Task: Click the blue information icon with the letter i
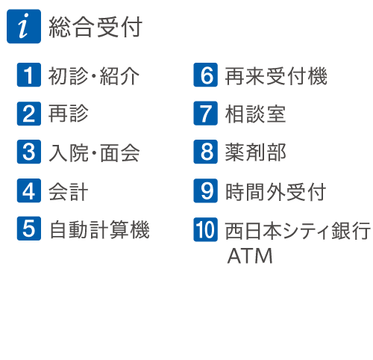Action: click(x=24, y=26)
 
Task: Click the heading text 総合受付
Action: click(x=95, y=27)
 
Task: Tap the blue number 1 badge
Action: click(x=29, y=75)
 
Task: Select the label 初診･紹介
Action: click(x=94, y=76)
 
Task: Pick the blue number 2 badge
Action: click(x=29, y=114)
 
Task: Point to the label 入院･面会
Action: click(x=94, y=153)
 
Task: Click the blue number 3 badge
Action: click(x=29, y=152)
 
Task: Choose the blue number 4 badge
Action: click(x=29, y=190)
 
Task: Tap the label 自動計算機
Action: click(x=99, y=229)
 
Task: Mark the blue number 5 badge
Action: click(x=29, y=229)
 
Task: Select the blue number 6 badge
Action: click(x=205, y=75)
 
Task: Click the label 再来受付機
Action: click(x=276, y=76)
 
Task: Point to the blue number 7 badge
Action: click(x=205, y=114)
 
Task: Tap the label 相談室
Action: click(x=255, y=114)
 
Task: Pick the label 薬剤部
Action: click(x=255, y=152)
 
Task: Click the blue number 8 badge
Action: click(x=205, y=152)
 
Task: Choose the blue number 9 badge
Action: click(x=205, y=190)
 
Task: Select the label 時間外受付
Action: click(x=275, y=192)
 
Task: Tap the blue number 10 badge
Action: click(x=205, y=229)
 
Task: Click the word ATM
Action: click(x=250, y=255)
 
